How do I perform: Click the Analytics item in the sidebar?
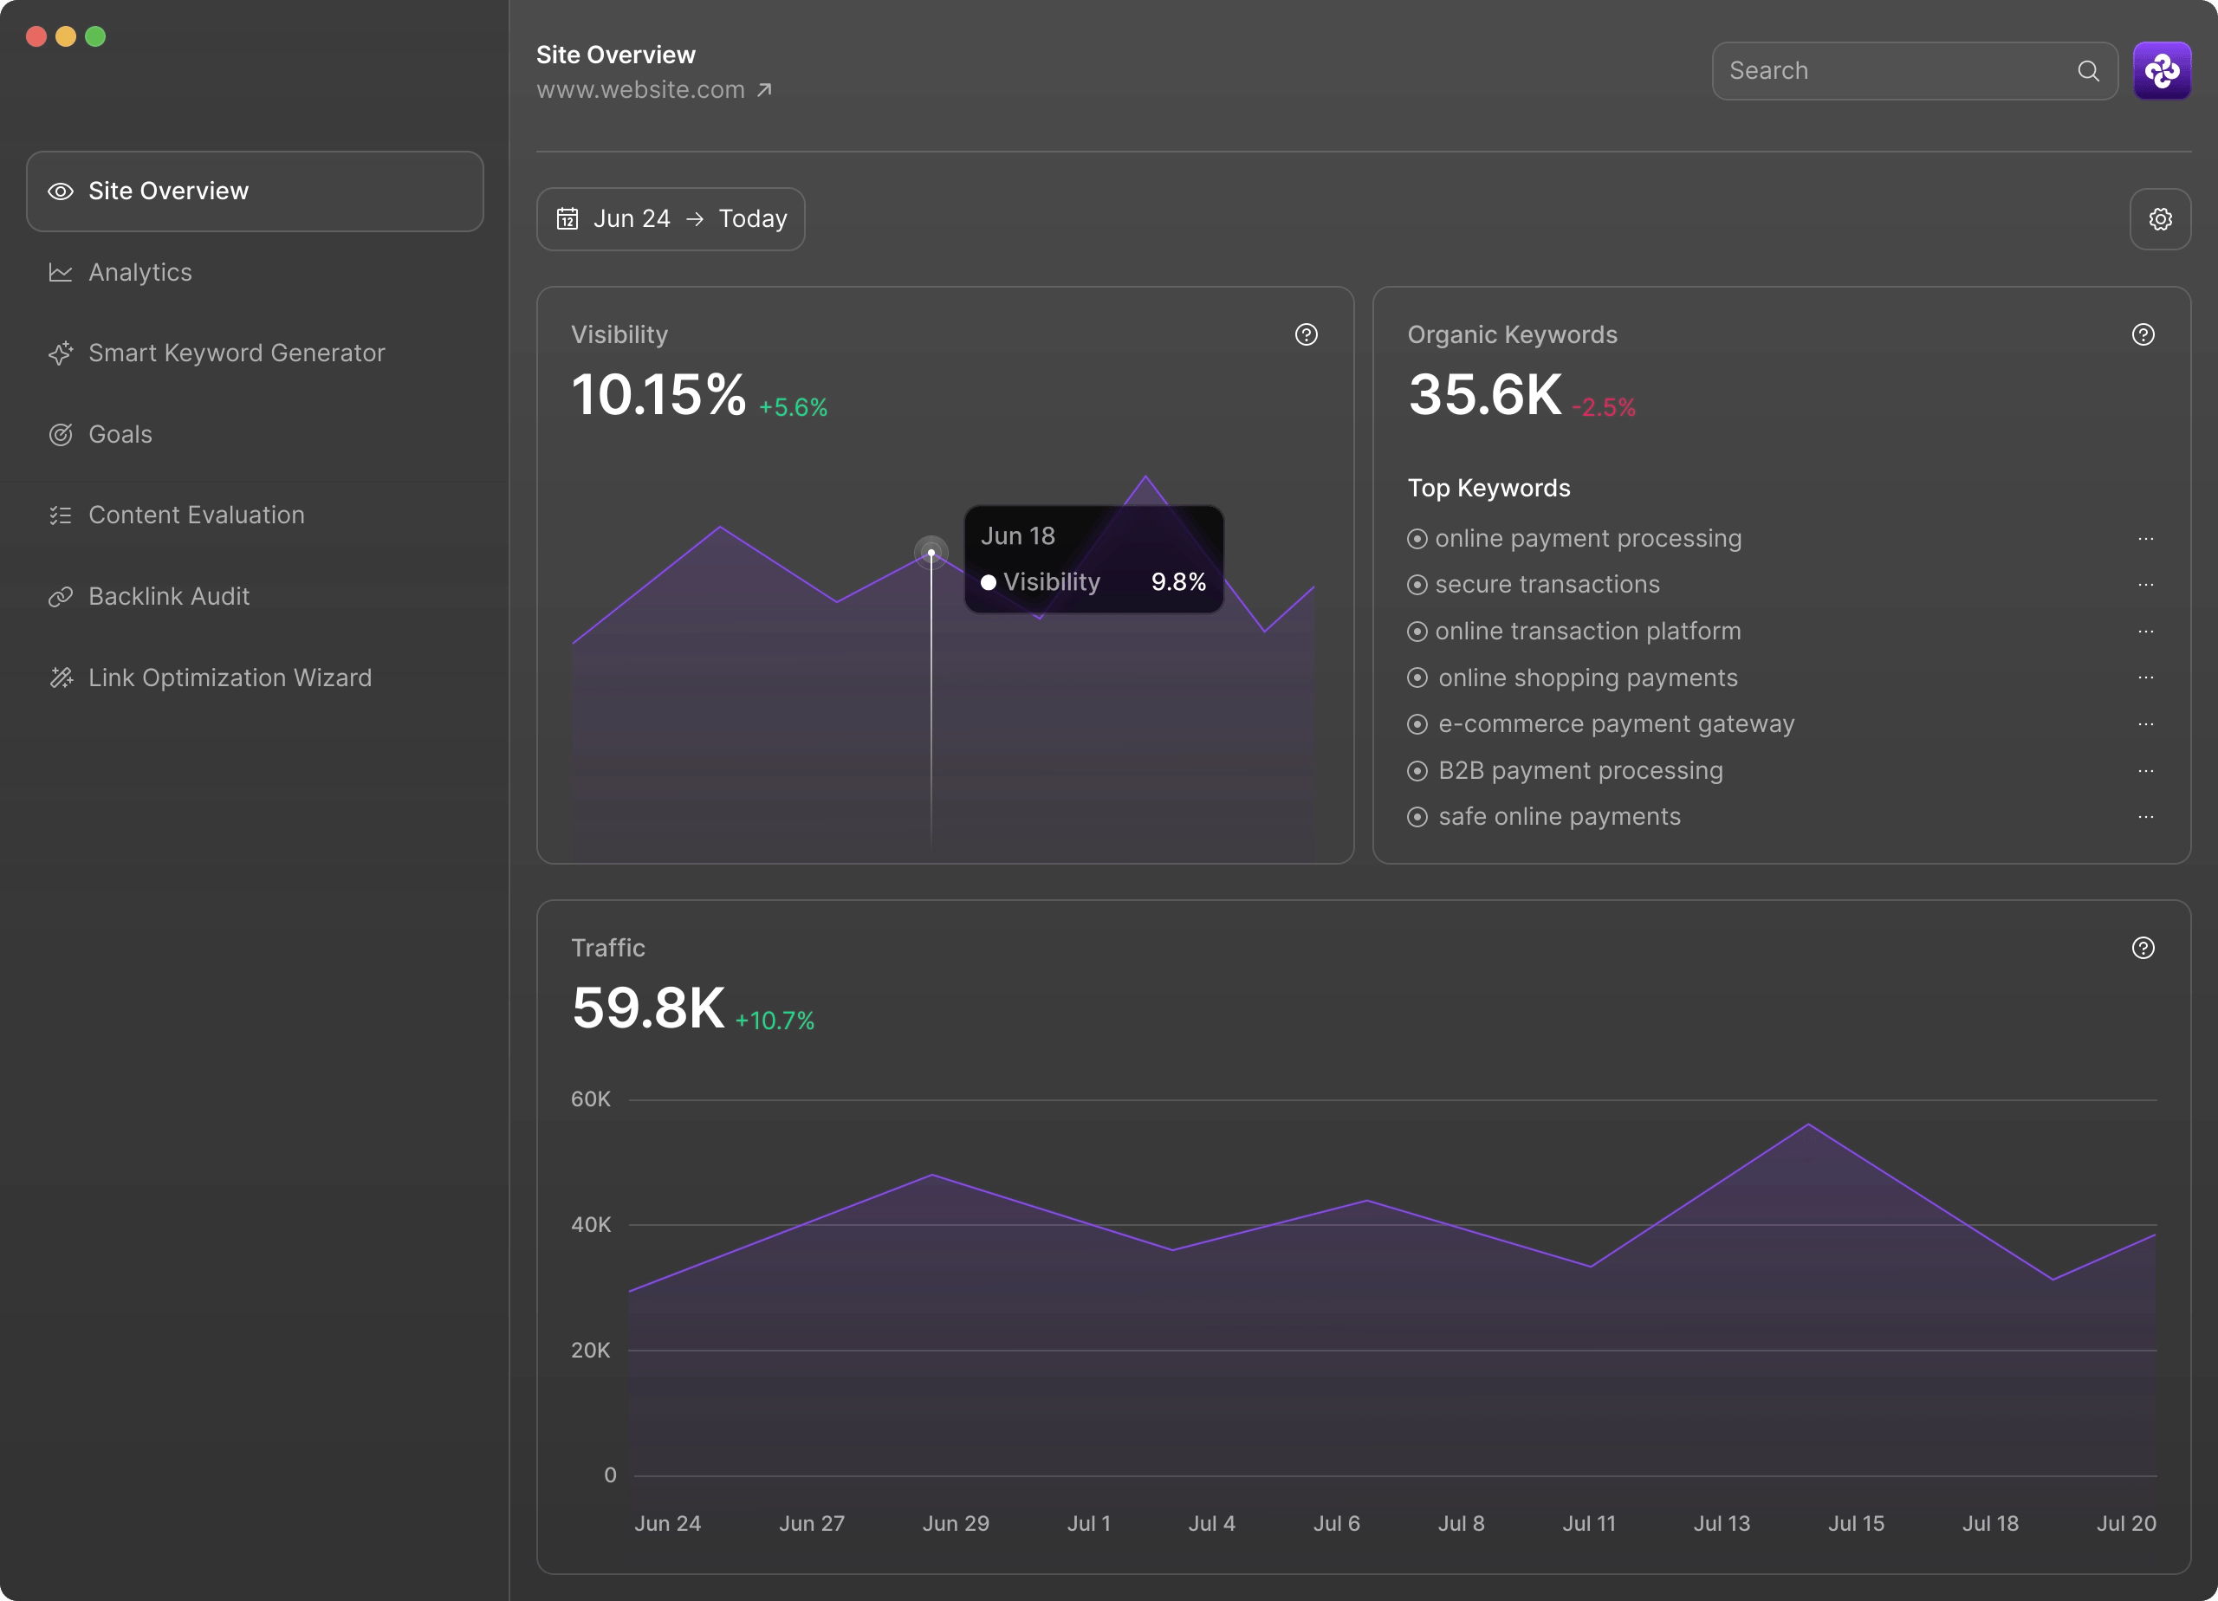tap(139, 272)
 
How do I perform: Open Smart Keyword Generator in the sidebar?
tap(236, 353)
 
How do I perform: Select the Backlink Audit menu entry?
tap(168, 597)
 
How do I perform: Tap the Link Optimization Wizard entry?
tap(229, 677)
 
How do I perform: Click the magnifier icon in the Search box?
tap(2088, 70)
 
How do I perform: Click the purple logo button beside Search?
tap(2162, 70)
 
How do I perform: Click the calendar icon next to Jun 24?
tap(567, 219)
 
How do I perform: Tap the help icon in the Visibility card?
tap(1306, 334)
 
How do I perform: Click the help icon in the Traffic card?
tap(2143, 948)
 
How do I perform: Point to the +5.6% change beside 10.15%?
tap(793, 408)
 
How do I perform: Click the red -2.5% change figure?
tap(1603, 408)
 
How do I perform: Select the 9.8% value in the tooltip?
tap(1177, 582)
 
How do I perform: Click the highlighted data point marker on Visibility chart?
tap(931, 553)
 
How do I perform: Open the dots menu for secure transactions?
tap(2145, 585)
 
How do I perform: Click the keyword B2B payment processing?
tap(1579, 771)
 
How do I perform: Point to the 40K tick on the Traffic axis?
tap(591, 1224)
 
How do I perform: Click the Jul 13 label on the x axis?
tap(1722, 1523)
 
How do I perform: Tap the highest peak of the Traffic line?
tap(1808, 1125)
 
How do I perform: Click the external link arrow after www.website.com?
tap(765, 90)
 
